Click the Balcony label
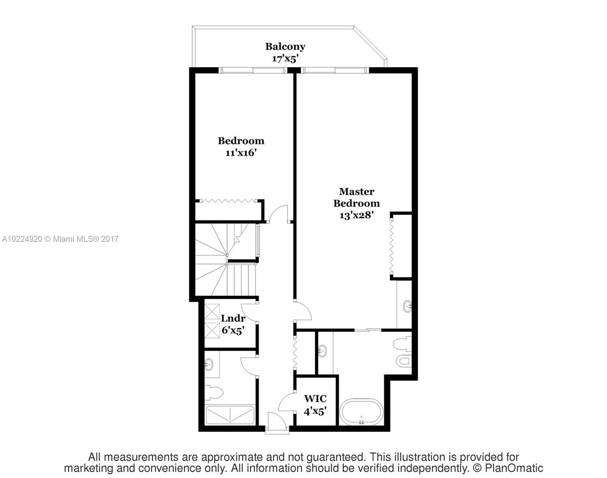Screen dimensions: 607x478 click(x=285, y=47)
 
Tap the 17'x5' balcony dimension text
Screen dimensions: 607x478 click(x=285, y=59)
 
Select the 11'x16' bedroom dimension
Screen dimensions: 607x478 click(x=241, y=153)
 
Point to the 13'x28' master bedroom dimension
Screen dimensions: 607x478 click(x=356, y=215)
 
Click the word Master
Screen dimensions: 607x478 click(x=356, y=192)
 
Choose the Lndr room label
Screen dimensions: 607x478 click(x=233, y=318)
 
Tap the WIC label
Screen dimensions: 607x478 click(x=315, y=399)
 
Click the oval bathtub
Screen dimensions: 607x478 click(x=361, y=412)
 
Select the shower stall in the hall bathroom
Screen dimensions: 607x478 click(x=230, y=415)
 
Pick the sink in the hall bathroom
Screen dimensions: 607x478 click(x=209, y=364)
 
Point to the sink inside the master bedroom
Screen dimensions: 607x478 click(x=407, y=306)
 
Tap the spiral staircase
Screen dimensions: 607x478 click(x=226, y=259)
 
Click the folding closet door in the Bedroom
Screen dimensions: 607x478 click(x=229, y=201)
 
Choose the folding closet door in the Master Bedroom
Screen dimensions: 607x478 click(x=392, y=246)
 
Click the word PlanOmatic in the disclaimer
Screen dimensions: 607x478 click(x=514, y=468)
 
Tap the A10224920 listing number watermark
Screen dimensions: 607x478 click(x=22, y=239)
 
